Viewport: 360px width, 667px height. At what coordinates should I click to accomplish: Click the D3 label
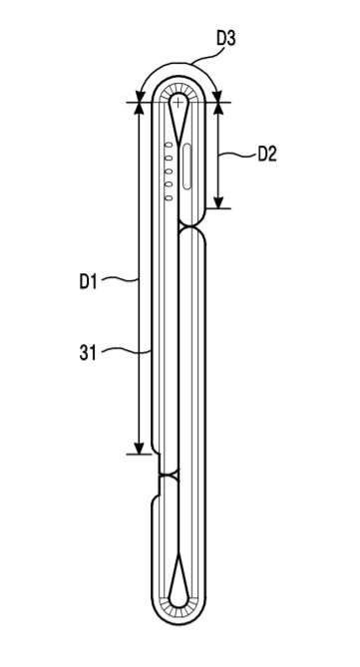(x=226, y=38)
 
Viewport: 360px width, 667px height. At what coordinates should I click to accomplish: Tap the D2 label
(x=267, y=154)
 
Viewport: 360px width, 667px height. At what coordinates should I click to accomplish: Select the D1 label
(x=88, y=282)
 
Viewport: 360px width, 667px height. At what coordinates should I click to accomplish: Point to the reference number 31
(x=88, y=353)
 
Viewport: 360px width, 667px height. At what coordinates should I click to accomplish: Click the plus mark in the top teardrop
(x=178, y=102)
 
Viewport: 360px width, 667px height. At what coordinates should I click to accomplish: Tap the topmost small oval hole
(x=169, y=145)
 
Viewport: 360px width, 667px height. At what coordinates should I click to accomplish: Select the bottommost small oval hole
(x=169, y=197)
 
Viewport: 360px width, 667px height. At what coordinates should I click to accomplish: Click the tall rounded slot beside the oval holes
(x=187, y=167)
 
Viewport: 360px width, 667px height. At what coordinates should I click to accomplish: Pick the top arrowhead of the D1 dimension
(x=140, y=109)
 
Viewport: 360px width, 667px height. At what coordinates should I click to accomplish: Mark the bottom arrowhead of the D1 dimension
(x=140, y=448)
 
